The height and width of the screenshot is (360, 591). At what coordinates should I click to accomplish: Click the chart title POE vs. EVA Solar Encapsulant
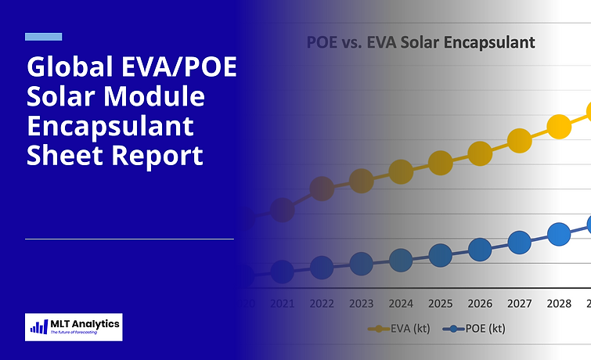pos(420,42)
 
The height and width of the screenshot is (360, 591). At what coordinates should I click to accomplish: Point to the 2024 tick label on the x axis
pos(401,303)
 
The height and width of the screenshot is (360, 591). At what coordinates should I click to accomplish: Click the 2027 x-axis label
pos(520,303)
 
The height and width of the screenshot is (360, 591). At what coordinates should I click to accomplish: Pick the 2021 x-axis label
pos(282,303)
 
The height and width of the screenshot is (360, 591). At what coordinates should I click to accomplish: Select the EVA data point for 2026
pos(480,153)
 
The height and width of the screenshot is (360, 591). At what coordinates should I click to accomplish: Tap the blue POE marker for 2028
pos(558,233)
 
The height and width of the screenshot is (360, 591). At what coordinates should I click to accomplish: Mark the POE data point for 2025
pos(441,255)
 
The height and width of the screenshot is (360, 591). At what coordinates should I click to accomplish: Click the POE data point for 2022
pos(322,268)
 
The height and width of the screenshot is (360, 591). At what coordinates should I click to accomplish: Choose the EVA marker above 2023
pos(361,182)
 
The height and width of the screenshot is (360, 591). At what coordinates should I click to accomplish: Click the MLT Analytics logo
pos(74,326)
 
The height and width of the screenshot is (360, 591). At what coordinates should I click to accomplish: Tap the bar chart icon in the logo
pos(38,327)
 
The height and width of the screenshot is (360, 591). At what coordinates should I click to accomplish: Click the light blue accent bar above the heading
pos(44,37)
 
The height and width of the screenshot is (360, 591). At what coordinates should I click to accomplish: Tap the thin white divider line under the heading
pos(129,239)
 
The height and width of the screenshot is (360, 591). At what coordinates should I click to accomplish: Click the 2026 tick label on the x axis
pos(480,303)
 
